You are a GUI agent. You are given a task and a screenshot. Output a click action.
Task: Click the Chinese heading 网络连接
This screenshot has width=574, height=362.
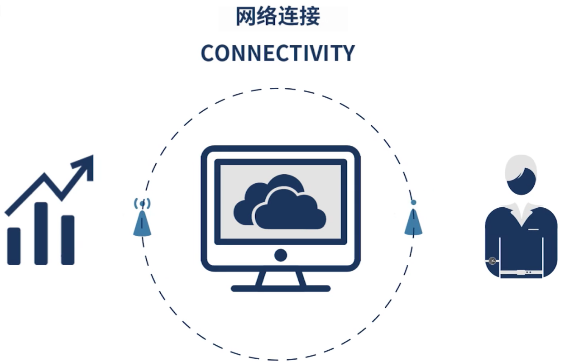[x=278, y=17]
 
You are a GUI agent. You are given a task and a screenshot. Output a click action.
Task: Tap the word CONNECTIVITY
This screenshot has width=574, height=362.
[x=277, y=53]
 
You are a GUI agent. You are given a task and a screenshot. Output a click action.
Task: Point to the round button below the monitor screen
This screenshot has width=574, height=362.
[x=281, y=255]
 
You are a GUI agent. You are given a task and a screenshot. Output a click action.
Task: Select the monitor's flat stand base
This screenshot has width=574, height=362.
[x=280, y=288]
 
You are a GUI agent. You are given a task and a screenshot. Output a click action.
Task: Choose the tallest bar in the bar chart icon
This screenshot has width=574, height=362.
[x=41, y=233]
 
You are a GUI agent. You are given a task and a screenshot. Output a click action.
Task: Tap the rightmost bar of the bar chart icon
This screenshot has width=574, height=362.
[x=68, y=239]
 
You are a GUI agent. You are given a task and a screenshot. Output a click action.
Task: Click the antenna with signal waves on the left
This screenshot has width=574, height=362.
[x=142, y=219]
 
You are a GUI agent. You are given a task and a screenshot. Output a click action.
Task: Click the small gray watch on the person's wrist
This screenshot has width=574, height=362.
[x=492, y=261]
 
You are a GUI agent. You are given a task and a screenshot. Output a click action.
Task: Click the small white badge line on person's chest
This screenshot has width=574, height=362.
[x=534, y=229]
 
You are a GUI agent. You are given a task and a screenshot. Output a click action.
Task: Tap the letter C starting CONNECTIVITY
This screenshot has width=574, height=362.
[x=207, y=53]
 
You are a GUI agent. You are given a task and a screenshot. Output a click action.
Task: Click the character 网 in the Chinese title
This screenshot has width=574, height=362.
[x=244, y=17]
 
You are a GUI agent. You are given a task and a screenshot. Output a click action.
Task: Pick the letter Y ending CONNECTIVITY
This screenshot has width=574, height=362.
[x=348, y=53]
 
